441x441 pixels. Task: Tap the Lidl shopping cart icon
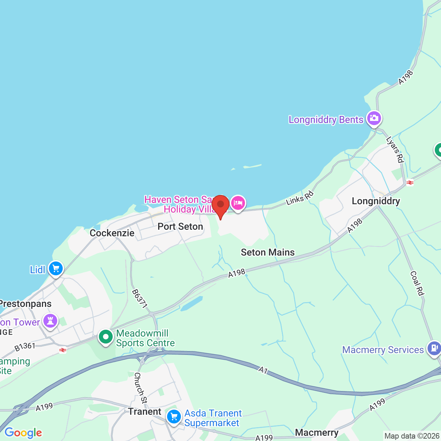pyautogui.click(x=55, y=269)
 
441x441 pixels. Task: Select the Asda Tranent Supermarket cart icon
pyautogui.click(x=174, y=417)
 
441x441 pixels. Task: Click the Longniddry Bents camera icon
pyautogui.click(x=374, y=119)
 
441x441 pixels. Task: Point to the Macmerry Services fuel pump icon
pyautogui.click(x=434, y=348)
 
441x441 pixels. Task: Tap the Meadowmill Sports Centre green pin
pyautogui.click(x=105, y=337)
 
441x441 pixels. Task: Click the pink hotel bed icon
pyautogui.click(x=238, y=203)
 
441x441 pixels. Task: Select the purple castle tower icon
pyautogui.click(x=50, y=321)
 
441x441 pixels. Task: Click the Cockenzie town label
pyautogui.click(x=112, y=233)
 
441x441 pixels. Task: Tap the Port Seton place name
pyautogui.click(x=180, y=226)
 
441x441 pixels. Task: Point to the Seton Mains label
pyautogui.click(x=268, y=252)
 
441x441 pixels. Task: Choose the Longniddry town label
pyautogui.click(x=376, y=201)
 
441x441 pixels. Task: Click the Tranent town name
pyautogui.click(x=145, y=411)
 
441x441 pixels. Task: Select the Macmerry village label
pyautogui.click(x=317, y=432)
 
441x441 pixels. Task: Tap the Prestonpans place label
pyautogui.click(x=26, y=304)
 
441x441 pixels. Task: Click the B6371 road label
pyautogui.click(x=140, y=298)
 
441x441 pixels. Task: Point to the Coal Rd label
pyautogui.click(x=417, y=283)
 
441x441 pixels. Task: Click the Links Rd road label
pyautogui.click(x=300, y=198)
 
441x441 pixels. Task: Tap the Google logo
pyautogui.click(x=23, y=433)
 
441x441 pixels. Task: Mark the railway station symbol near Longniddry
pyautogui.click(x=410, y=183)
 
